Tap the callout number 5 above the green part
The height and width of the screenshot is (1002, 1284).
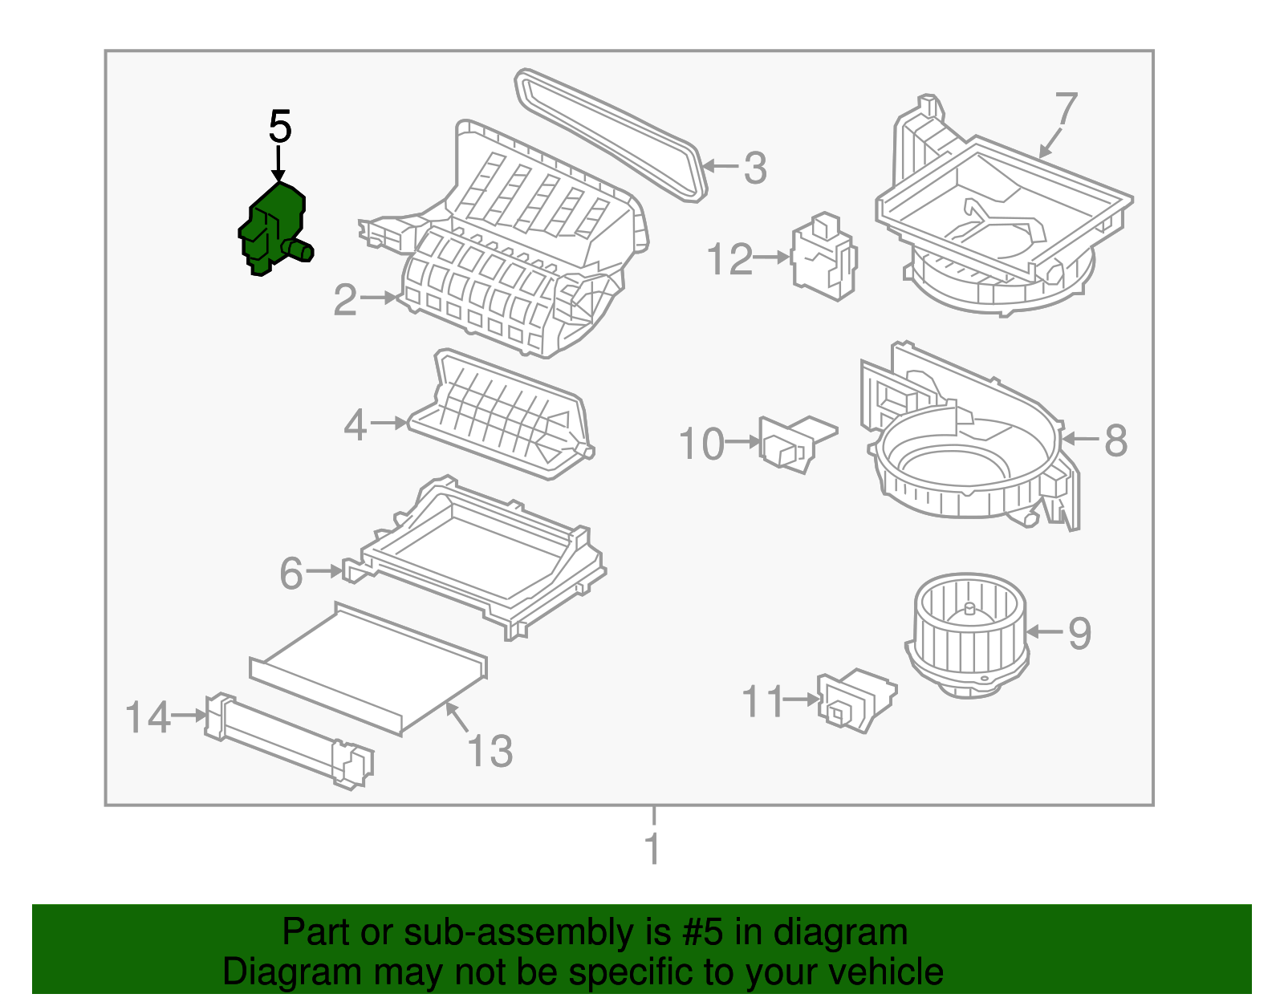[279, 127]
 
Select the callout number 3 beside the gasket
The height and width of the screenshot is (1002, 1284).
[754, 168]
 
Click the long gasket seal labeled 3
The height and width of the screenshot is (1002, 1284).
[610, 132]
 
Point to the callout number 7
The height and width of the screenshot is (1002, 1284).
[1066, 111]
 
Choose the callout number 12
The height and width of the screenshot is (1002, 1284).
[730, 260]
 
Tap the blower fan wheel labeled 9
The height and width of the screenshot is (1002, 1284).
[967, 634]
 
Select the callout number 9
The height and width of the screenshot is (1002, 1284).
[1079, 633]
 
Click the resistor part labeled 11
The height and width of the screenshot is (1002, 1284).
[855, 700]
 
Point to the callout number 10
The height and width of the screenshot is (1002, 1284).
[701, 444]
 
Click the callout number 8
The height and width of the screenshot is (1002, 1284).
[1115, 440]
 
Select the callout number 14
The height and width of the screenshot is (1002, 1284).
[148, 716]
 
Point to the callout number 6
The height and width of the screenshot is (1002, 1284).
[291, 574]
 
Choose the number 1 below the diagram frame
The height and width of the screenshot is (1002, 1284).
[653, 849]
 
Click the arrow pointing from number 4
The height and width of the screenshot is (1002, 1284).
[389, 423]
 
